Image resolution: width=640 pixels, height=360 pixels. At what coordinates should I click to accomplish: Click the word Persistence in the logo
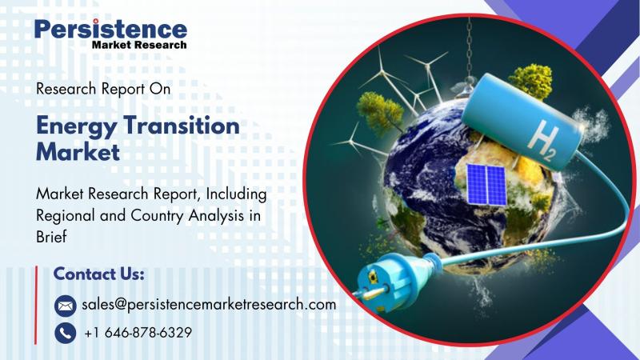tap(110, 29)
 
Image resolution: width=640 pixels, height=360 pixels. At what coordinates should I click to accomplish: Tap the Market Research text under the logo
tap(139, 45)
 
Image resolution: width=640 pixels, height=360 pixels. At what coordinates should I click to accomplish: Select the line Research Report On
tap(103, 89)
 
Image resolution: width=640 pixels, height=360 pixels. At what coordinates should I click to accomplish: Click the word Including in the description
tap(236, 194)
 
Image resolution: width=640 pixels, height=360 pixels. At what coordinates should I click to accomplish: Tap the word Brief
tap(51, 236)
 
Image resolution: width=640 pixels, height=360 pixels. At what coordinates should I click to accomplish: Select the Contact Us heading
tap(98, 274)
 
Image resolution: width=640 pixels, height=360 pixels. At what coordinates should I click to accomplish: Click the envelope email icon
tap(66, 306)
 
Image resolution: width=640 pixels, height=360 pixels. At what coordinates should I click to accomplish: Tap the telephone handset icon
tap(66, 333)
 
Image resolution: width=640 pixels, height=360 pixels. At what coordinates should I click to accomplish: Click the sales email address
tap(209, 305)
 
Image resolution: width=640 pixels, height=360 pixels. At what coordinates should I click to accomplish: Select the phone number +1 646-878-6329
tap(138, 333)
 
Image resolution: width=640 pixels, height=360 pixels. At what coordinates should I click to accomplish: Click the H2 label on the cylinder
tap(542, 142)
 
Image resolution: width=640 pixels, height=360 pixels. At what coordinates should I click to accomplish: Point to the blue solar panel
tap(486, 184)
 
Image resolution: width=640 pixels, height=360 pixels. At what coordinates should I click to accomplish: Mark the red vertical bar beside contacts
tap(36, 305)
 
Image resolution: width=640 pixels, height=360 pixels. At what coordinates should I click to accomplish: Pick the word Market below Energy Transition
tap(78, 152)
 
